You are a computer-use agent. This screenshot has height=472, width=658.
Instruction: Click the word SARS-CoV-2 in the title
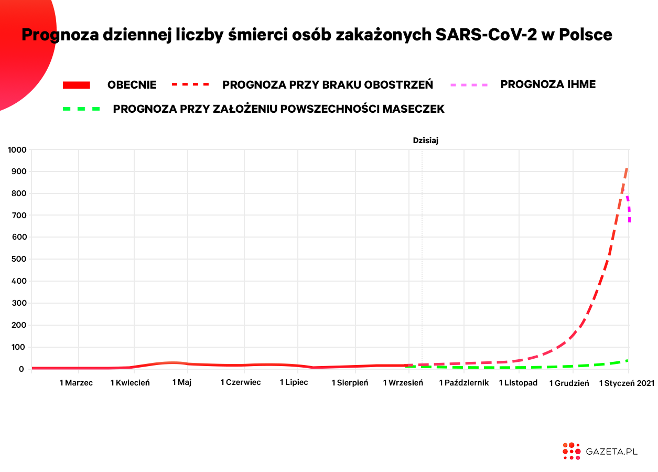[x=486, y=35]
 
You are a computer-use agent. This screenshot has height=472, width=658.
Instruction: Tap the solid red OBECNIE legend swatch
[x=77, y=85]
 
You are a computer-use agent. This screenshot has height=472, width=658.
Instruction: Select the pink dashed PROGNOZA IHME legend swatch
[x=469, y=85]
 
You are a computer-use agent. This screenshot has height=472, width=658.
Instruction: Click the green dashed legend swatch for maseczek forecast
[x=81, y=109]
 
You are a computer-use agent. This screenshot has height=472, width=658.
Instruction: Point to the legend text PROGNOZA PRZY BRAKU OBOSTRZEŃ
[x=328, y=84]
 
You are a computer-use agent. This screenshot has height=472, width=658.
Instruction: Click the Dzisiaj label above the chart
[x=425, y=141]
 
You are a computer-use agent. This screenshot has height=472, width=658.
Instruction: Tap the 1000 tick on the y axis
[x=17, y=150]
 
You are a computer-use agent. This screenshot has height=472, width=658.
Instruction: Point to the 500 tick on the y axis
[x=19, y=259]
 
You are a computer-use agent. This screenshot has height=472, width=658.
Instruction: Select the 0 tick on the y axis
[x=21, y=369]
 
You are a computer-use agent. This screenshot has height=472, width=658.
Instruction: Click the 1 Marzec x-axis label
[x=76, y=383]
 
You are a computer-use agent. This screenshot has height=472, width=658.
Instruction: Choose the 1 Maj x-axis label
[x=182, y=382]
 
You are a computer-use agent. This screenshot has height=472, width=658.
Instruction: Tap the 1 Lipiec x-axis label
[x=294, y=382]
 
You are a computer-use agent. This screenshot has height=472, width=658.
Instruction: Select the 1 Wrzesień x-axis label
[x=403, y=383]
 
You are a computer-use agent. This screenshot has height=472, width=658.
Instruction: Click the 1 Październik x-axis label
[x=464, y=383]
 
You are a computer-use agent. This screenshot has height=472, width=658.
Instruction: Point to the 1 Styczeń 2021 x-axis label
[x=627, y=383]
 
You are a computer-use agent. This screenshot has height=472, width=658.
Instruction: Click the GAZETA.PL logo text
[x=611, y=452]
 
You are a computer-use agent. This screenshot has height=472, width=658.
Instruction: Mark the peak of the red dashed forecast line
[x=627, y=168]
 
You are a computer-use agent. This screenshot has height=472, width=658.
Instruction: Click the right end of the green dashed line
[x=628, y=360]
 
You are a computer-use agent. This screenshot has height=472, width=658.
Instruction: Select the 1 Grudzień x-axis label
[x=569, y=383]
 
